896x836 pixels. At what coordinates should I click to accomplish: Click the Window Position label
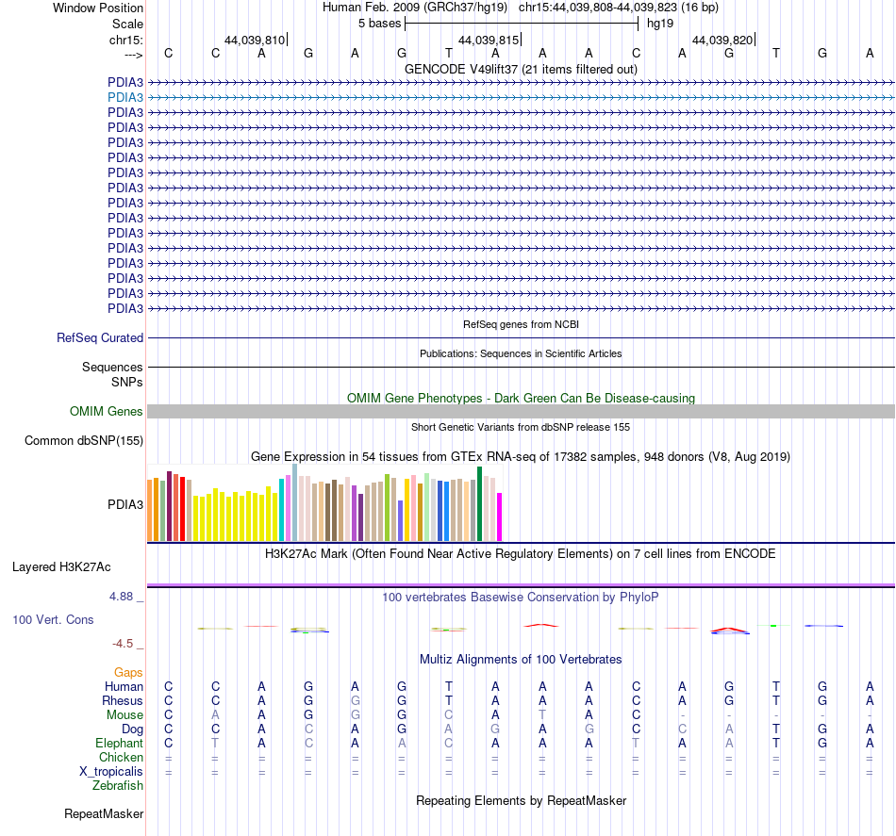98,8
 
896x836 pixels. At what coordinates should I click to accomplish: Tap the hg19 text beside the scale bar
660,24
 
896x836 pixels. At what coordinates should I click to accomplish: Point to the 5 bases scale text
379,24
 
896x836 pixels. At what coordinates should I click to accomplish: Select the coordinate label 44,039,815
489,40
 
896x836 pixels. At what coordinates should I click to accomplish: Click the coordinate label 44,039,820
722,40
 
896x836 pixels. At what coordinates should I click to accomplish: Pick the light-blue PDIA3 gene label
125,98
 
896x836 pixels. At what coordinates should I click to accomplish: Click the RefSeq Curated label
100,338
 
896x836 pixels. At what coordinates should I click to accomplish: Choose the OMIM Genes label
107,411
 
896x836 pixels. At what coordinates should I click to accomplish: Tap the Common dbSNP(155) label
84,441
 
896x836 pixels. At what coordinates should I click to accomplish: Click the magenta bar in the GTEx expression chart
500,516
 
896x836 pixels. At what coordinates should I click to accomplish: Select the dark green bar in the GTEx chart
479,503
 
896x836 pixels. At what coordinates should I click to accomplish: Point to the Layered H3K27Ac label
61,567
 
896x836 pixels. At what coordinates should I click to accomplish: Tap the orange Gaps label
128,673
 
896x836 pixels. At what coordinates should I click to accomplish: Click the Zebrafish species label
118,786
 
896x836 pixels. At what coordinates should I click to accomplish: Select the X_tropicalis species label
111,772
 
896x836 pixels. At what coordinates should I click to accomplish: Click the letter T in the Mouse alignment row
542,715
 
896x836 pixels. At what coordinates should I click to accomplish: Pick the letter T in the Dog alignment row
776,729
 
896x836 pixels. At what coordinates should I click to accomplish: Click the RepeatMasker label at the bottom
104,814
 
